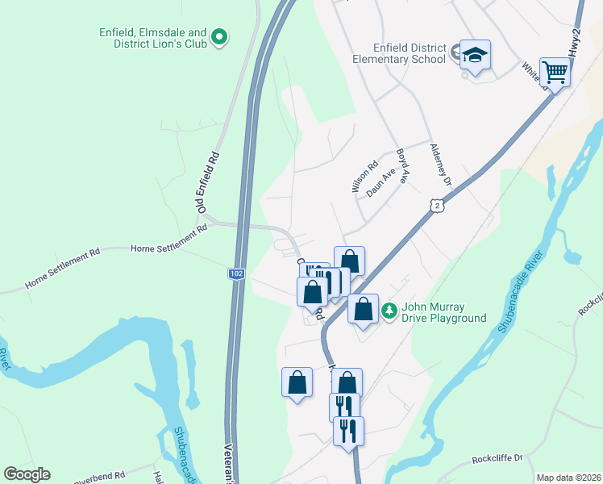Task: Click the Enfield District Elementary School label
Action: pyautogui.click(x=399, y=53)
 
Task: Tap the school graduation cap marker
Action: pyautogui.click(x=475, y=55)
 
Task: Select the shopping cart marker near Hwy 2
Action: pyautogui.click(x=555, y=72)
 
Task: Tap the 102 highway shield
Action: pyautogui.click(x=236, y=274)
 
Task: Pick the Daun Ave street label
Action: pyautogui.click(x=381, y=181)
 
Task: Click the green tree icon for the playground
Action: pyautogui.click(x=389, y=311)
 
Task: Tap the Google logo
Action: pyautogui.click(x=27, y=474)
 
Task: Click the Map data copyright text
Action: pyautogui.click(x=568, y=478)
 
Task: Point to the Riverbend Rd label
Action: pyautogui.click(x=98, y=478)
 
